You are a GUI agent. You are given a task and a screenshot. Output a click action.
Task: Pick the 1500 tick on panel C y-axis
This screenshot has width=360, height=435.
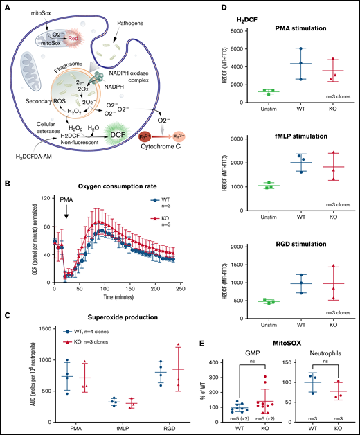31,323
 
